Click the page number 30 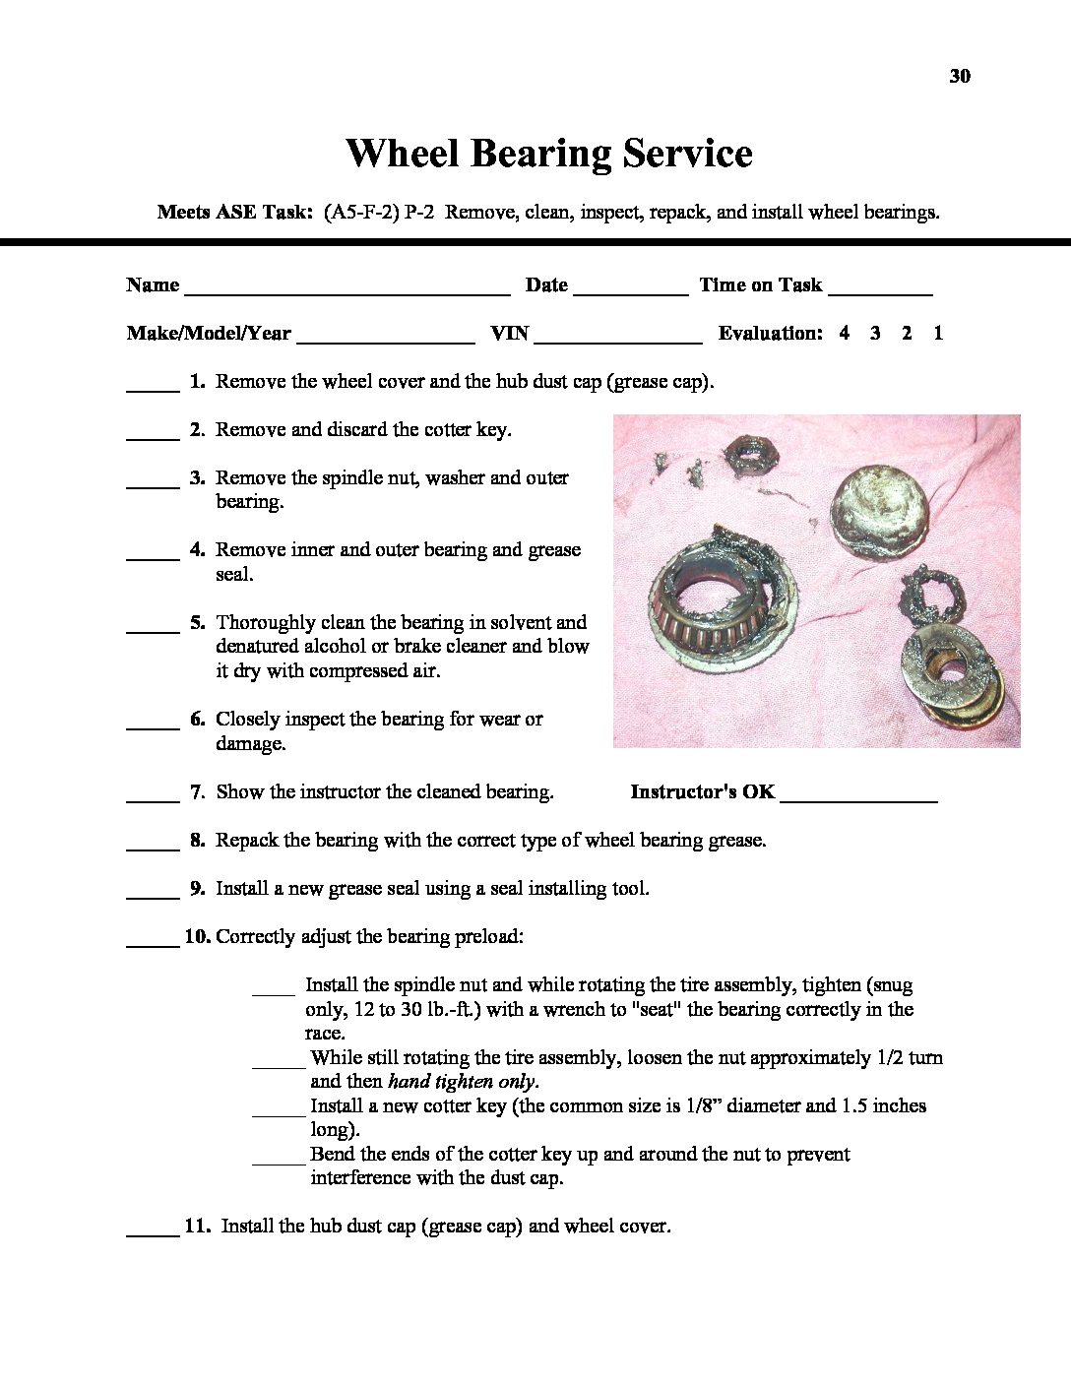click(x=960, y=77)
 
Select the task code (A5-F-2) click(x=360, y=213)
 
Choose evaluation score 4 click(x=845, y=334)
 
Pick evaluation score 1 click(x=938, y=334)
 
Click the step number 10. click(x=197, y=937)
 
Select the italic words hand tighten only click(x=463, y=1082)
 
